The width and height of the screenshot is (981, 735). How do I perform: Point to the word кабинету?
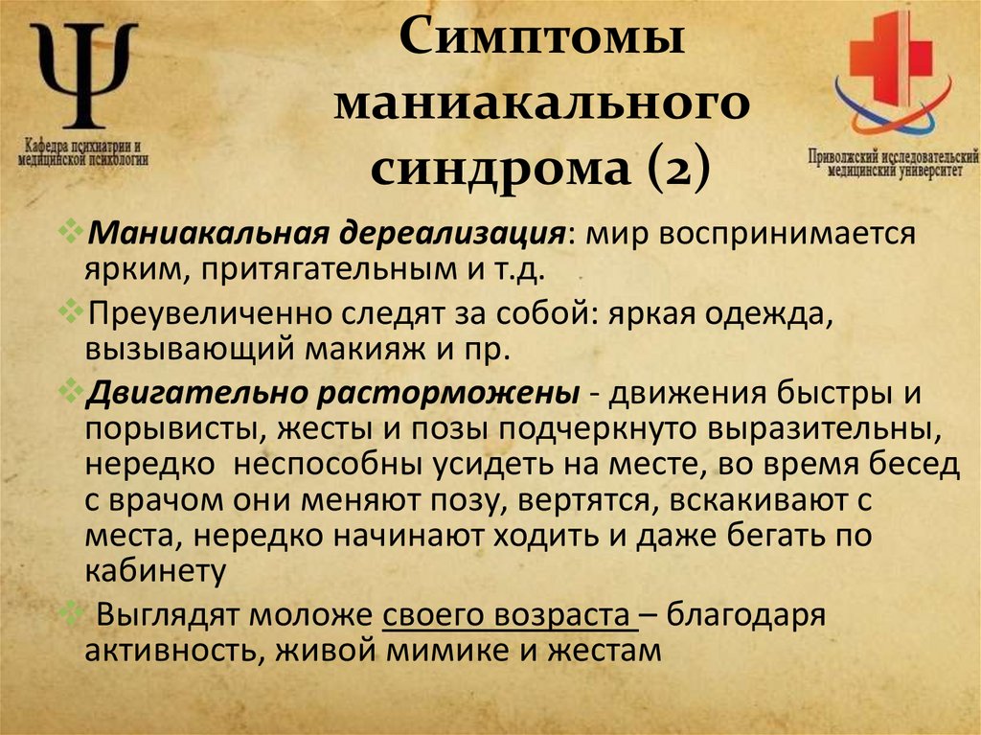[x=154, y=572]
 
